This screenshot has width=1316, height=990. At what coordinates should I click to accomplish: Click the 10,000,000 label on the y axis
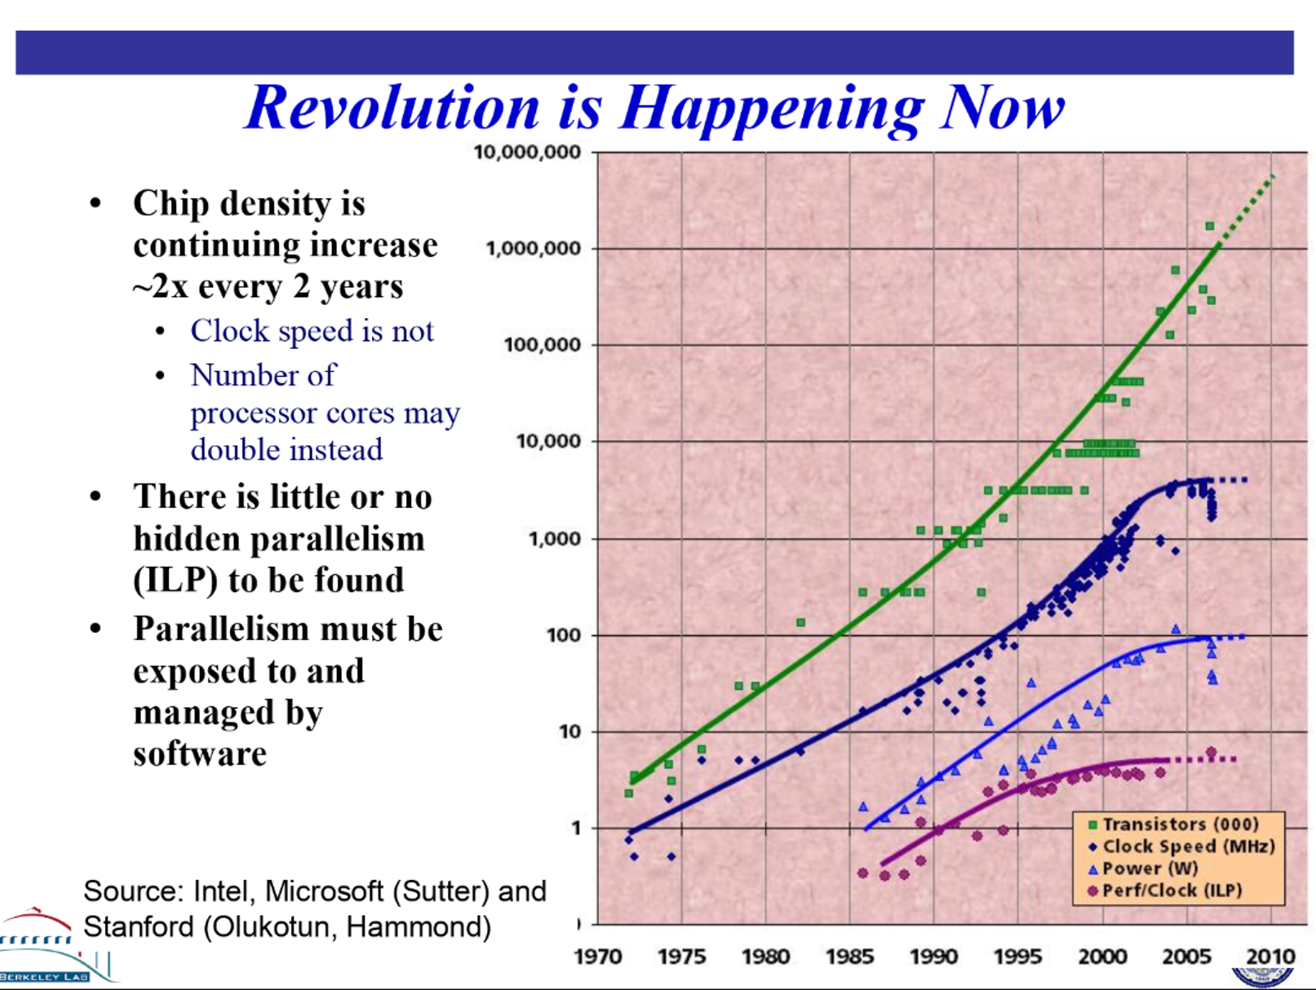(527, 152)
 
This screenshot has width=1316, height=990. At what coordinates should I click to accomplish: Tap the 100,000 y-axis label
(543, 344)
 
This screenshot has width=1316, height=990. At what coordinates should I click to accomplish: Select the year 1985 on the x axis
(849, 956)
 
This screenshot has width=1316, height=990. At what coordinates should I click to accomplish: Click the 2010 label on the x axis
(1270, 956)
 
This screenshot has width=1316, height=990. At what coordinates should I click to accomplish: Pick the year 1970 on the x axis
(597, 956)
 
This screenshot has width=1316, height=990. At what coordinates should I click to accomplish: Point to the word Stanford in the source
(139, 927)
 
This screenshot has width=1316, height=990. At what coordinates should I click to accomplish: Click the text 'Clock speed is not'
(312, 331)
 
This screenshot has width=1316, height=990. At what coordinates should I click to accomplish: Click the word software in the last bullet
(200, 754)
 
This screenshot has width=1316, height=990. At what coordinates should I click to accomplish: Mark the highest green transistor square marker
(1209, 226)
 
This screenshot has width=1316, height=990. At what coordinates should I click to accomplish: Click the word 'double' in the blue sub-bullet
(228, 450)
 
